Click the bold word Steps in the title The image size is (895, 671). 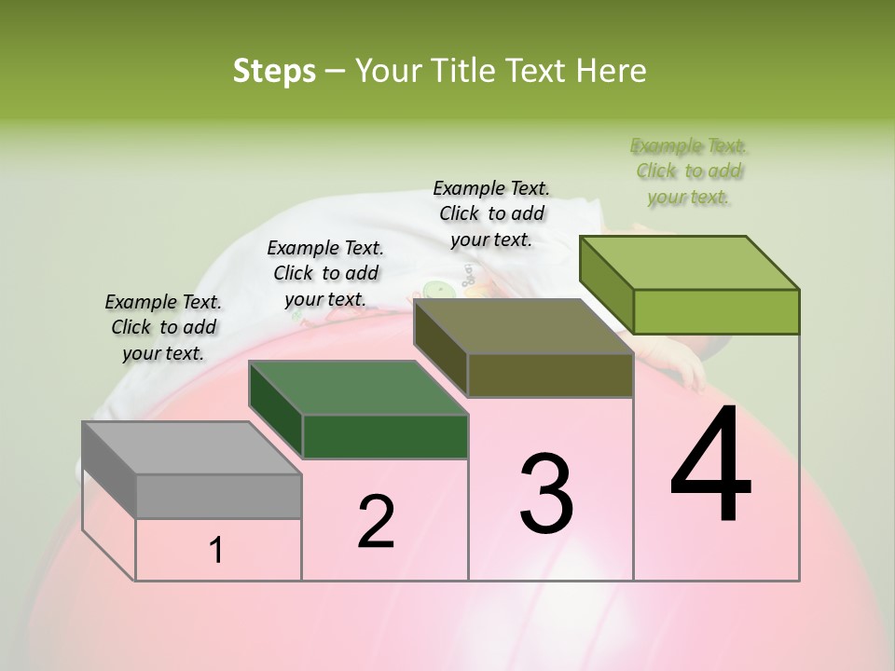tap(274, 71)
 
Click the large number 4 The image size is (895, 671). tap(710, 467)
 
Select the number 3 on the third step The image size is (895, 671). tap(546, 494)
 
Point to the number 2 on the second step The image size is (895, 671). tap(376, 522)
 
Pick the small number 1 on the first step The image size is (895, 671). tap(216, 551)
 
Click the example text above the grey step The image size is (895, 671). tap(163, 327)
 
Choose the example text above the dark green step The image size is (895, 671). tap(325, 273)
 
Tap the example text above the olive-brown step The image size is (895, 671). tap(491, 213)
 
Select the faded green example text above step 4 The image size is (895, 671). tap(689, 171)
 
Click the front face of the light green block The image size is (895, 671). tap(716, 311)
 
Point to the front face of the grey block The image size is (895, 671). tap(218, 496)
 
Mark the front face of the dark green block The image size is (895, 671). tap(385, 436)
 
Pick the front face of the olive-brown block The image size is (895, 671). tap(550, 375)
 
